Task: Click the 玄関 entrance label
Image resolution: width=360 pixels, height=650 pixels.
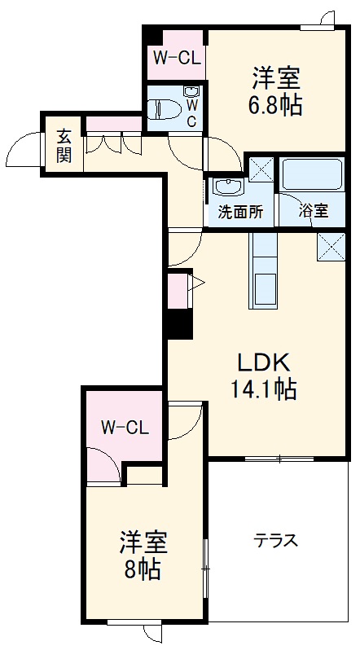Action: coord(64,145)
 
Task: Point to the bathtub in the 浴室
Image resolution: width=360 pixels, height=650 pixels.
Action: coord(311,176)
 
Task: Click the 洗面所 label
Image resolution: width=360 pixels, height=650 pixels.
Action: coord(240,212)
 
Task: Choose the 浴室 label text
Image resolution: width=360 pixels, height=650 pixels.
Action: coord(314,211)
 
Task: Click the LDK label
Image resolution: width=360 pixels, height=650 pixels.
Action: coord(264,361)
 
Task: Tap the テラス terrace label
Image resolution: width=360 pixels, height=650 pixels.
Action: coord(274,539)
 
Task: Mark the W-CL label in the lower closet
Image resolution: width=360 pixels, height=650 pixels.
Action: coord(125,426)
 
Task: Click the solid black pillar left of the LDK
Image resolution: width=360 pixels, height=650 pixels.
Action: coord(178,323)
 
